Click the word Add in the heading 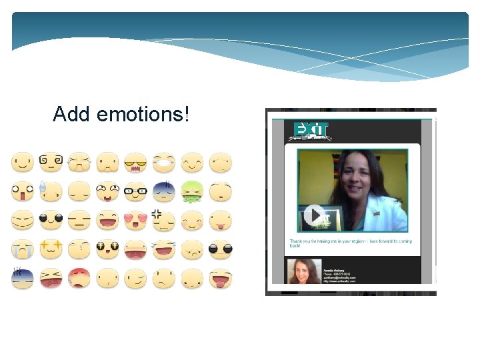72,115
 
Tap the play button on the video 314,216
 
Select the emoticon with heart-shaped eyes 135,219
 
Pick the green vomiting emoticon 192,191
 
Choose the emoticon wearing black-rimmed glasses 135,191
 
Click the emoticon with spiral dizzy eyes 50,161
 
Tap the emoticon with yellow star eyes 50,249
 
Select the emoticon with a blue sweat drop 50,191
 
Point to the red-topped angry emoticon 79,277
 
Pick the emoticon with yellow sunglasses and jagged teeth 135,161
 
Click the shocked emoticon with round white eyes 21,191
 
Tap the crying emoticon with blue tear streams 21,249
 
